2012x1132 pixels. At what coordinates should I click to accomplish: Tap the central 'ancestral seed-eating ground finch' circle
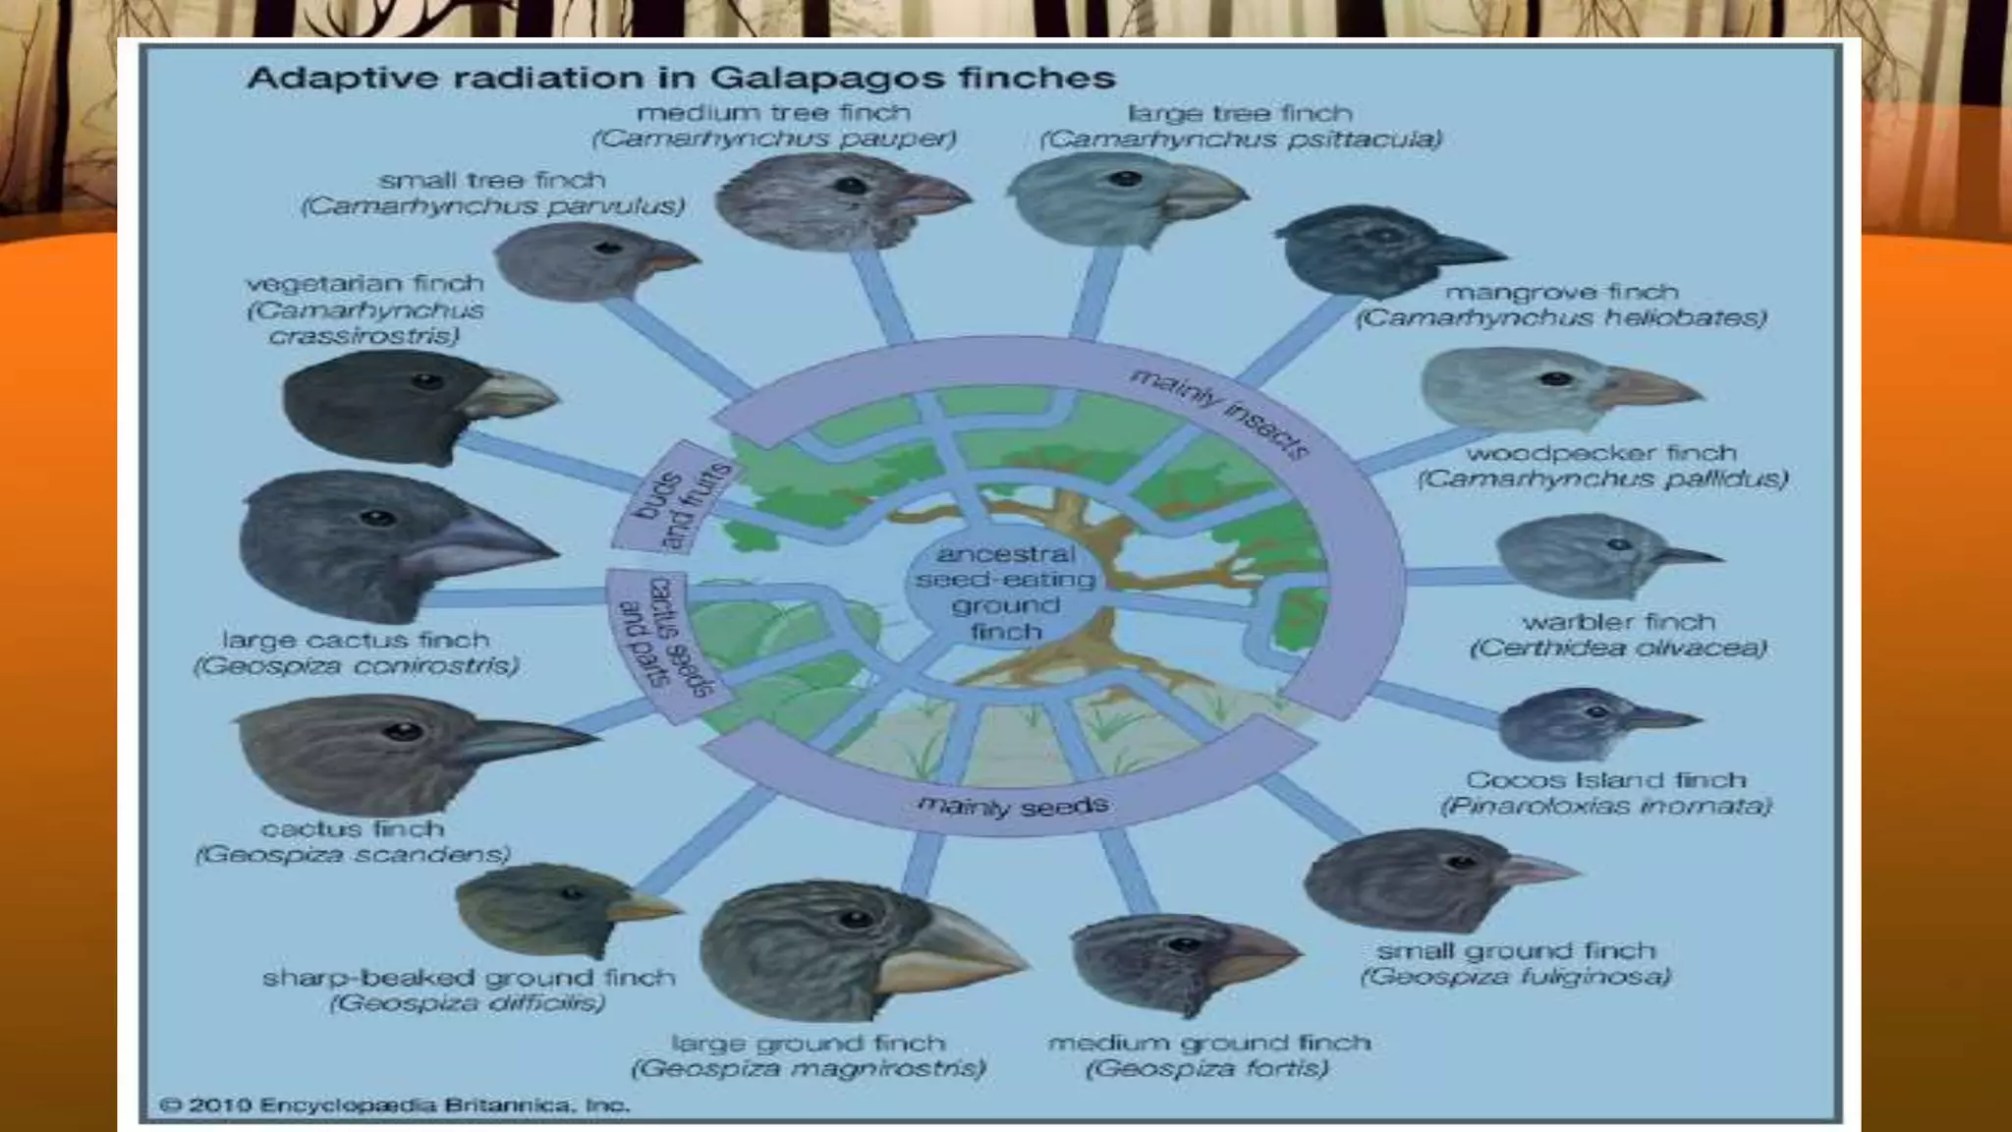(1005, 593)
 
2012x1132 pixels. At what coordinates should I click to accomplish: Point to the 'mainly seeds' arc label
(1013, 807)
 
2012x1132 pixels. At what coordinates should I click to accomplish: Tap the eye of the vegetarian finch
(426, 381)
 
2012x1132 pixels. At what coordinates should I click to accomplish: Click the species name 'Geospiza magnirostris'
(808, 1068)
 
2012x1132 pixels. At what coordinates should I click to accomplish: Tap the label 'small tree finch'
(492, 181)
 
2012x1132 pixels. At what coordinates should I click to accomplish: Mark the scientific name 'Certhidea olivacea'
(1618, 649)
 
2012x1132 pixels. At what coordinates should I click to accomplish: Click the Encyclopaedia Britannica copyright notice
(394, 1104)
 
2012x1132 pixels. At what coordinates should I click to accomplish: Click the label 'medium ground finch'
(1208, 1043)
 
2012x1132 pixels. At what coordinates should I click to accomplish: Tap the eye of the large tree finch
(1126, 180)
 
